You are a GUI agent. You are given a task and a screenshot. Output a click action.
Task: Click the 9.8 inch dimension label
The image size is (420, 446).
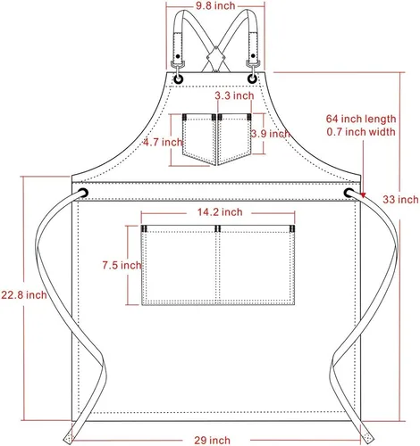click(215, 5)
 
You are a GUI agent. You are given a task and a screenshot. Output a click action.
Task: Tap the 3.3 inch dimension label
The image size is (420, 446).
click(234, 95)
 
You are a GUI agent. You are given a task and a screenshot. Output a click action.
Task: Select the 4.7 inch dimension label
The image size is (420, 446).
click(163, 142)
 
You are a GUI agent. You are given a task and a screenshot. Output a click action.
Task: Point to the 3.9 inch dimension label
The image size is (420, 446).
click(271, 134)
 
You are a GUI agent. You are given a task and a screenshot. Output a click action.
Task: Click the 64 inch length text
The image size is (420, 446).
click(361, 119)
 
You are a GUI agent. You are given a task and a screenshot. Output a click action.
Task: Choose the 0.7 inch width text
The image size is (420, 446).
click(361, 132)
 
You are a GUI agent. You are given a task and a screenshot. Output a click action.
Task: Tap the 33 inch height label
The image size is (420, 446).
click(400, 199)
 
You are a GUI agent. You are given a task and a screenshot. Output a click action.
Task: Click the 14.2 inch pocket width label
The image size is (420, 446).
click(220, 212)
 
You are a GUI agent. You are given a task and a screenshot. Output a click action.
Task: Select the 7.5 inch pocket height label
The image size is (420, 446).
click(122, 265)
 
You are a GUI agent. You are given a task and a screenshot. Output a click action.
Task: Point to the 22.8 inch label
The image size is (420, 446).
click(24, 295)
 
